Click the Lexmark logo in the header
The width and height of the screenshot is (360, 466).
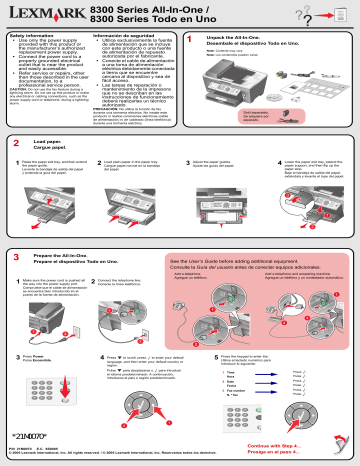point(45,14)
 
